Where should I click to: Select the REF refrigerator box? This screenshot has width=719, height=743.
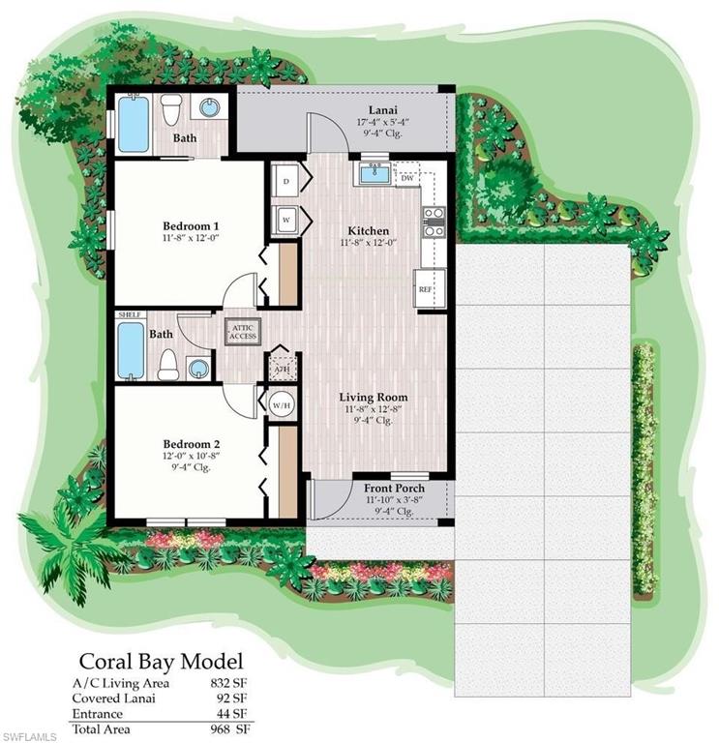[x=424, y=288]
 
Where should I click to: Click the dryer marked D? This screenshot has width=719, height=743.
[x=286, y=181]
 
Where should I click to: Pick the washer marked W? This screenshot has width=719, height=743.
[x=286, y=219]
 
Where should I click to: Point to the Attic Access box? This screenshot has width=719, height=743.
[x=242, y=331]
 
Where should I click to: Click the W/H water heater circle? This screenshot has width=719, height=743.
[x=281, y=404]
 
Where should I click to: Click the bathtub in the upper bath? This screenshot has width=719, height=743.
[x=134, y=124]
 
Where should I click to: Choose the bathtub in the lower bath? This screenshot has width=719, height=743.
[x=132, y=350]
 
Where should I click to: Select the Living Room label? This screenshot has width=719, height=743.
[x=373, y=397]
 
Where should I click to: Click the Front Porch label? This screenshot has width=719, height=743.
[x=394, y=489]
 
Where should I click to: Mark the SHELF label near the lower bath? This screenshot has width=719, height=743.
[x=129, y=314]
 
